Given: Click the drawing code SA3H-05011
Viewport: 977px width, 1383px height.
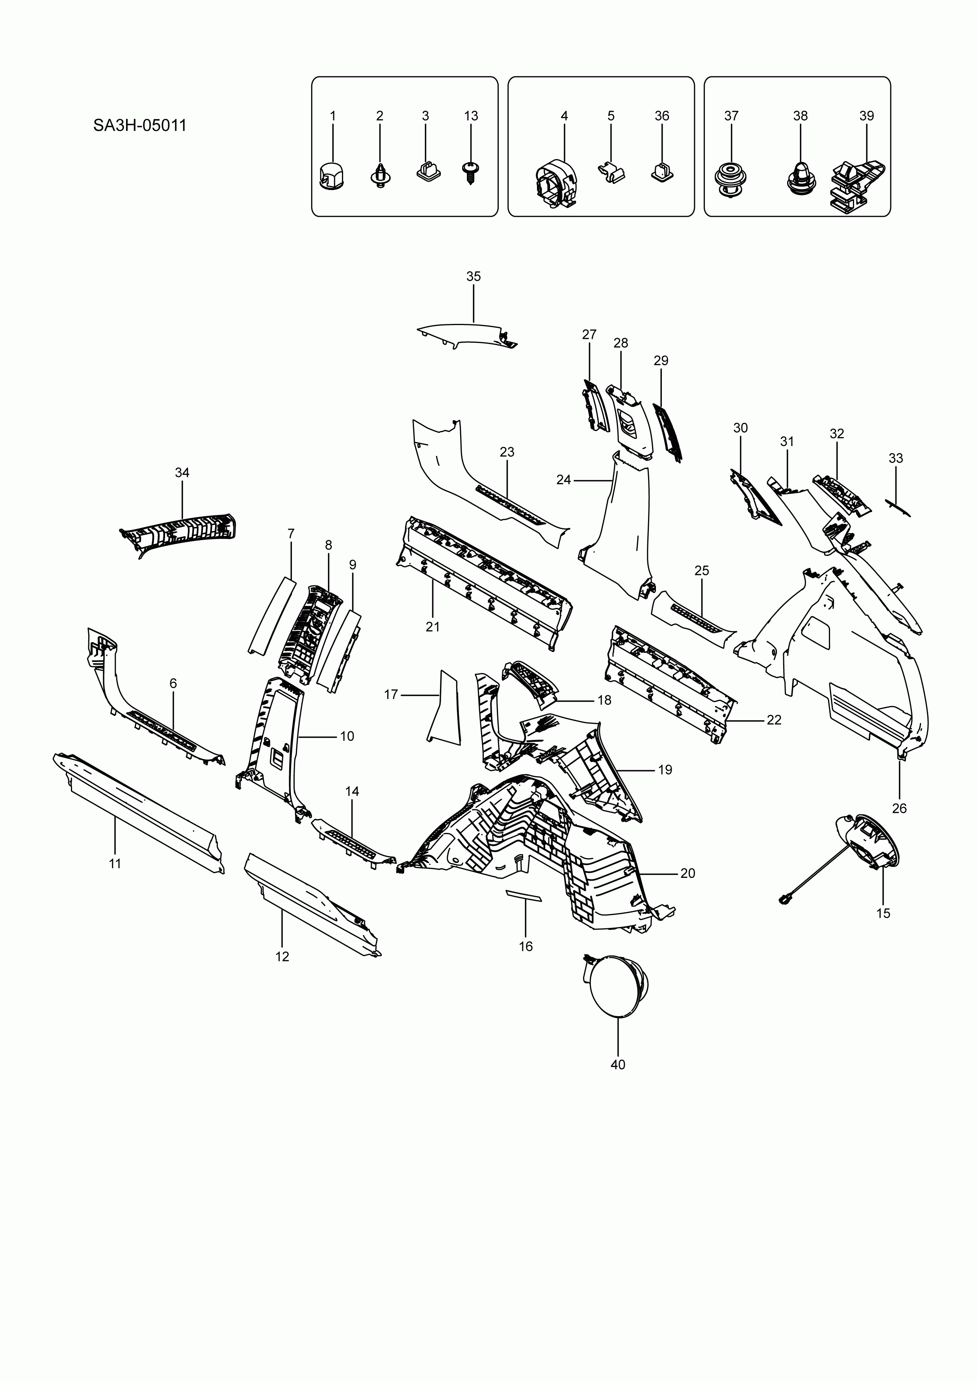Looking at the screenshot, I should pyautogui.click(x=140, y=126).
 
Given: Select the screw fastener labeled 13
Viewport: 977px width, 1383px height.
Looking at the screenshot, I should pyautogui.click(x=470, y=172).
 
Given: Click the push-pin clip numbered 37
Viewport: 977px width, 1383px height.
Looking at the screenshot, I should pyautogui.click(x=730, y=180).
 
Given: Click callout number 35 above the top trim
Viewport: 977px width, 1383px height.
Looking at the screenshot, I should pyautogui.click(x=474, y=277).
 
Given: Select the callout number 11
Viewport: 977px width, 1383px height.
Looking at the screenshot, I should pyautogui.click(x=115, y=864).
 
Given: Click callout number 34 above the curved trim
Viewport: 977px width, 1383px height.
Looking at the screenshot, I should pyautogui.click(x=182, y=473).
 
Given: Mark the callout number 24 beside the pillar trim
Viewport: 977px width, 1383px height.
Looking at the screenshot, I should pyautogui.click(x=563, y=480).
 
